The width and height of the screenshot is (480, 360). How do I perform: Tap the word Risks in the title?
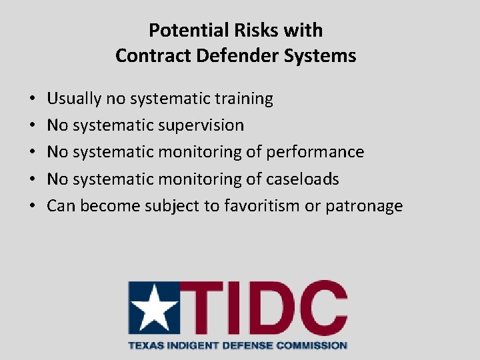252,31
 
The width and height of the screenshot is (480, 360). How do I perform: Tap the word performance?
315,152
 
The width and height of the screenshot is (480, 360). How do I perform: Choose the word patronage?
364,205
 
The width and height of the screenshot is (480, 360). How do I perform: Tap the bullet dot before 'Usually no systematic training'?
33,99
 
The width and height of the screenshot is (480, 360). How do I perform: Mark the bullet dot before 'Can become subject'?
33,206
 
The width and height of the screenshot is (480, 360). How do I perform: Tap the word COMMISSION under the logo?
313,345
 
